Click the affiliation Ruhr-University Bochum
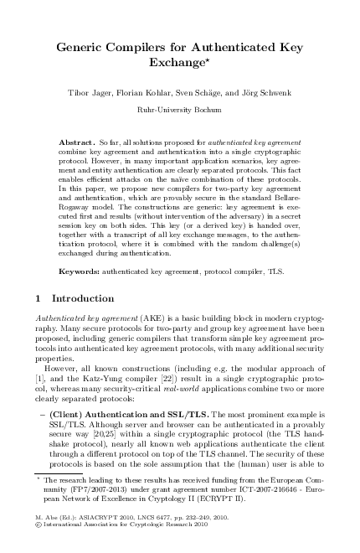coord(180,109)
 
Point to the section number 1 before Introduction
coord(43,298)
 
